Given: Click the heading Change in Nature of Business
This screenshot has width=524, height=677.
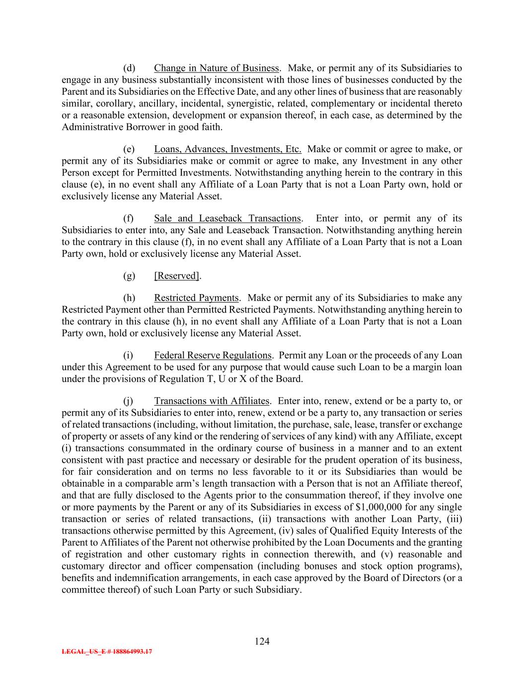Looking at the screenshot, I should click(x=217, y=68).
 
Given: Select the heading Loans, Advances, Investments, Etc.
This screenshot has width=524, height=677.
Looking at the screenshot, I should click(x=227, y=149).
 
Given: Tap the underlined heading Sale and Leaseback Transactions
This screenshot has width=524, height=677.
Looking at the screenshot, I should click(x=227, y=219).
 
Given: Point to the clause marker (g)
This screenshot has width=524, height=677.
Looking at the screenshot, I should click(x=129, y=276).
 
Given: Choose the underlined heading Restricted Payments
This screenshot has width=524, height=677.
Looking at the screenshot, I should click(x=197, y=298).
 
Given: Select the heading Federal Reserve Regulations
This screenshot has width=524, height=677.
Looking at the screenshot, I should click(x=213, y=356).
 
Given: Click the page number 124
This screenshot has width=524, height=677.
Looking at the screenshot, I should click(x=262, y=642).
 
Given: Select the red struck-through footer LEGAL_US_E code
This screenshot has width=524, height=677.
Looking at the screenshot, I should click(x=107, y=652).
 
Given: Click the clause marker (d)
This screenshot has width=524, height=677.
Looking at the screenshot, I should click(x=129, y=68).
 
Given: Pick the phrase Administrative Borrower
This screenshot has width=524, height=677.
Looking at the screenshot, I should click(x=112, y=127).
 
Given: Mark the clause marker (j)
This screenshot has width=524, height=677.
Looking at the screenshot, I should click(x=129, y=401).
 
